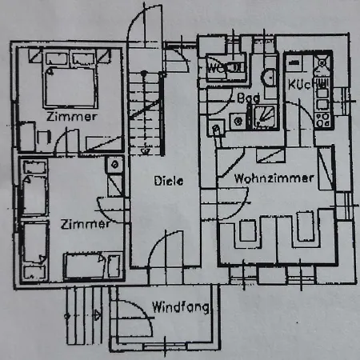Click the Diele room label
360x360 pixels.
169,181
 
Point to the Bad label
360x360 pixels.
248,98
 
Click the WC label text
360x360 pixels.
215,68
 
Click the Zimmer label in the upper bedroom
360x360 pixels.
72,117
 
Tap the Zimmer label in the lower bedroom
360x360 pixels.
85,225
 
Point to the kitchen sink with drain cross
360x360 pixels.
322,62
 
